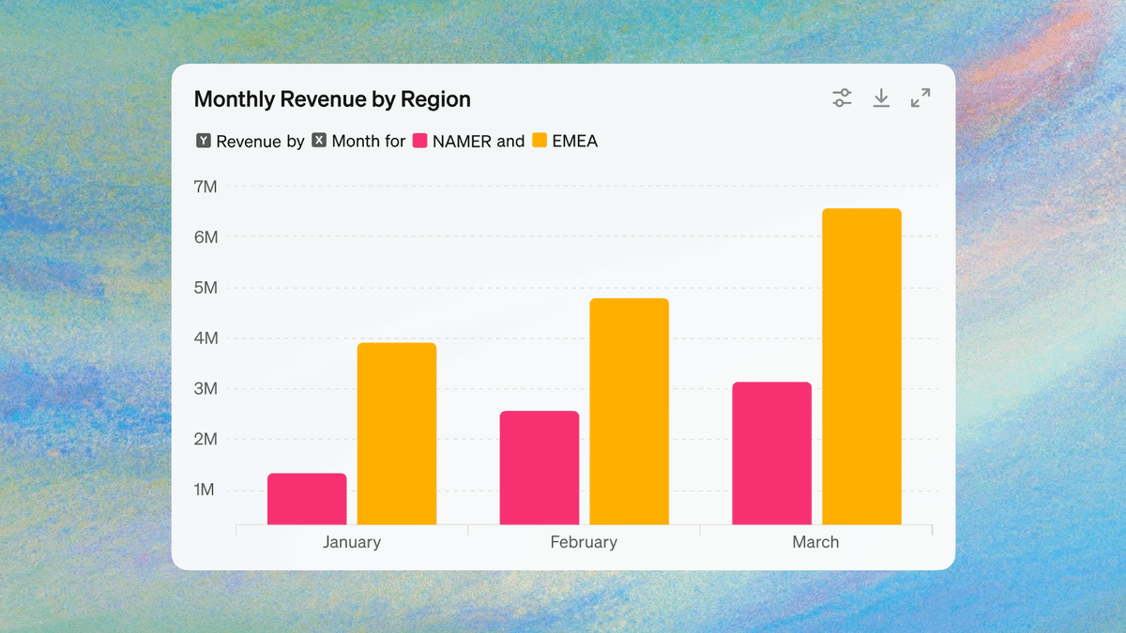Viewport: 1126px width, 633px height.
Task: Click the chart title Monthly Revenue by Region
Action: tap(332, 99)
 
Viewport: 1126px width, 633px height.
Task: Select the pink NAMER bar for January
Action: tap(307, 499)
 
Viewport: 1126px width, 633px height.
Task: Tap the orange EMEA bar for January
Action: tap(397, 433)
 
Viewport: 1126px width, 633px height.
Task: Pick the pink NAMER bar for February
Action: tap(540, 467)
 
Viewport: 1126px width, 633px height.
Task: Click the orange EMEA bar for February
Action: tap(629, 411)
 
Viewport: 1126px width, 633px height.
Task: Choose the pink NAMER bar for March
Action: tap(771, 453)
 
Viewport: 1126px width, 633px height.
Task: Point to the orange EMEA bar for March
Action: tap(861, 366)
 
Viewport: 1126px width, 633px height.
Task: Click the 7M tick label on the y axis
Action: tap(205, 187)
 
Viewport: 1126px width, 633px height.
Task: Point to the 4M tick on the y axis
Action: tap(205, 339)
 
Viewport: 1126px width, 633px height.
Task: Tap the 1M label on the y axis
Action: tap(205, 490)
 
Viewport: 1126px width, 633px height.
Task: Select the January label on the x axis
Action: tap(352, 542)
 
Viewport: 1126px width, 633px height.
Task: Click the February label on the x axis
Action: tap(584, 542)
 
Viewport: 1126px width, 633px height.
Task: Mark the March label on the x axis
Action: tap(815, 542)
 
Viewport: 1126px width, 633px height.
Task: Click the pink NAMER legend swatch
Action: tap(420, 141)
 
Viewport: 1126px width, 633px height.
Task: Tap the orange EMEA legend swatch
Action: tap(540, 141)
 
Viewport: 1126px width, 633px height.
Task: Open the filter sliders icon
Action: tap(843, 98)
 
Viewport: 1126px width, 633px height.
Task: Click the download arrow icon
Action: tap(881, 98)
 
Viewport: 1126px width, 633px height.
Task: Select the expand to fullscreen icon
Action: tap(921, 98)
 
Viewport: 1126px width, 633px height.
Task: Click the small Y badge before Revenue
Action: tap(204, 141)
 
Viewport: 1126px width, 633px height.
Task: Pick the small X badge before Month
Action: tap(319, 141)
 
